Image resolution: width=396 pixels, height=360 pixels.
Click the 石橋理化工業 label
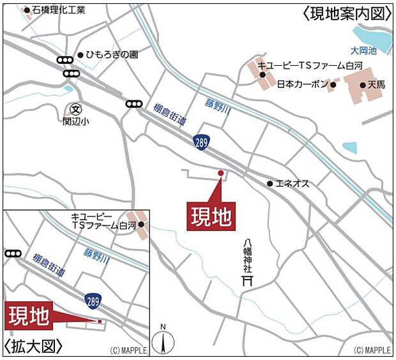pyautogui.click(x=58, y=10)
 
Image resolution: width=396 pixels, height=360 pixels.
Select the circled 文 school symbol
pyautogui.click(x=76, y=109)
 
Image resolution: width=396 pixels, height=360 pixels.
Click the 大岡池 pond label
pyautogui.click(x=364, y=50)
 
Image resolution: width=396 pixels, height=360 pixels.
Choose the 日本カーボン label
pyautogui.click(x=302, y=84)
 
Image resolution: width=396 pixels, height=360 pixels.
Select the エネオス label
pyautogui.click(x=293, y=184)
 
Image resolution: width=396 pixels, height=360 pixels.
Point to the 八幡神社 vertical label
pyautogui.click(x=247, y=255)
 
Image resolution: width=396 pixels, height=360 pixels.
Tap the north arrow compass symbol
pyautogui.click(x=163, y=339)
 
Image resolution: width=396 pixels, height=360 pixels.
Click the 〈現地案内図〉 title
pyautogui.click(x=346, y=13)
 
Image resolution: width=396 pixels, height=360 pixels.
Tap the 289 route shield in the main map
pyautogui.click(x=202, y=141)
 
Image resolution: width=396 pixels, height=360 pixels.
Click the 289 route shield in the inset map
pyautogui.click(x=93, y=299)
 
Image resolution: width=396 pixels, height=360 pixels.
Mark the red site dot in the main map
pyautogui.click(x=221, y=173)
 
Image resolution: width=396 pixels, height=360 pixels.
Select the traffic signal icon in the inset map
pyautogui.click(x=12, y=253)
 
